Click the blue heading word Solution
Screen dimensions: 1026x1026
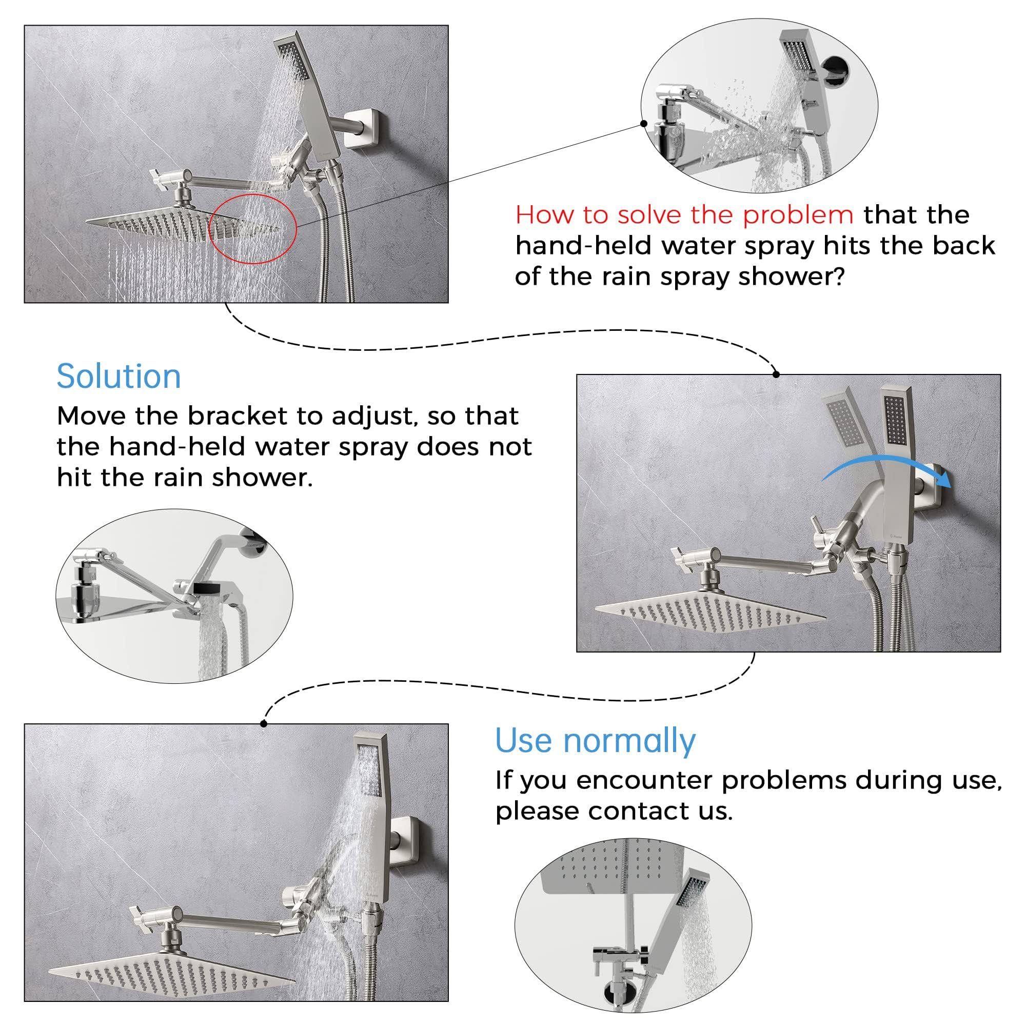119,377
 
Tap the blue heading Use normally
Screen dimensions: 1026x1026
595,741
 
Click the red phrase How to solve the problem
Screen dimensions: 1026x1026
684,215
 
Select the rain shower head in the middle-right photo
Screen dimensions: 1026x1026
711,610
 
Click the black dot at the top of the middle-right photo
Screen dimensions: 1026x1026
776,374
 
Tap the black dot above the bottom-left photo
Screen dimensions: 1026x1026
264,724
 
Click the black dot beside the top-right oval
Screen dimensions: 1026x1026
644,123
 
